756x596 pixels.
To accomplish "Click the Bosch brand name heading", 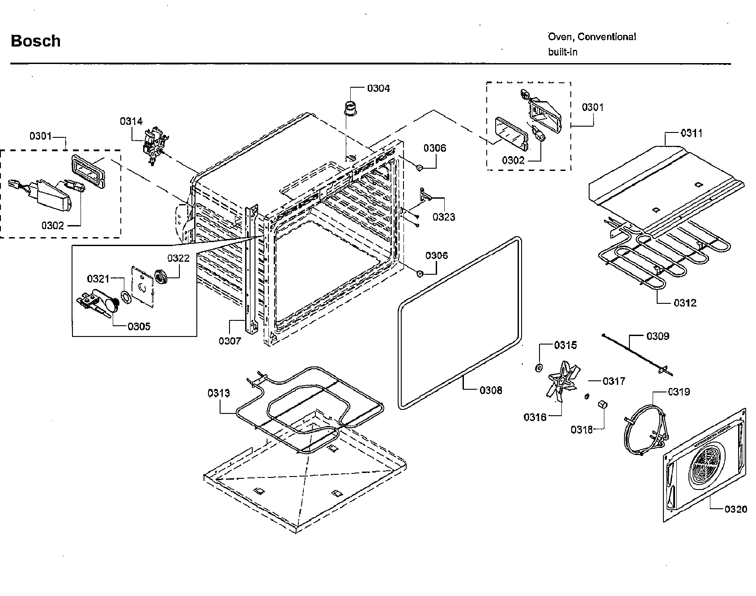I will click(35, 41).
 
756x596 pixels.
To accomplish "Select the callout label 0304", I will click(378, 88).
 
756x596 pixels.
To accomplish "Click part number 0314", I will click(131, 121).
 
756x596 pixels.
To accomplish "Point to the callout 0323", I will click(443, 217).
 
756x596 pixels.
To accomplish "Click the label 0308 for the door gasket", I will click(491, 390).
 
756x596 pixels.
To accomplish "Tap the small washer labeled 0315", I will click(539, 368).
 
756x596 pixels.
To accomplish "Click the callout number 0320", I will click(735, 509).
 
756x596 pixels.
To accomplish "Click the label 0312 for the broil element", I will click(685, 303).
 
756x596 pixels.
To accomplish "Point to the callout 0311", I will click(691, 133).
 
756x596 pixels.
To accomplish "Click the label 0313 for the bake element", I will click(219, 393).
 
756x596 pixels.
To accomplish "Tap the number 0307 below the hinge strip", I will click(229, 341).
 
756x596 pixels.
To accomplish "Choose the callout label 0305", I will click(139, 326).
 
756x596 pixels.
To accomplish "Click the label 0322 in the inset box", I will click(178, 258).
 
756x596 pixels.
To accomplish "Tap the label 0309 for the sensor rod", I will click(658, 336).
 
